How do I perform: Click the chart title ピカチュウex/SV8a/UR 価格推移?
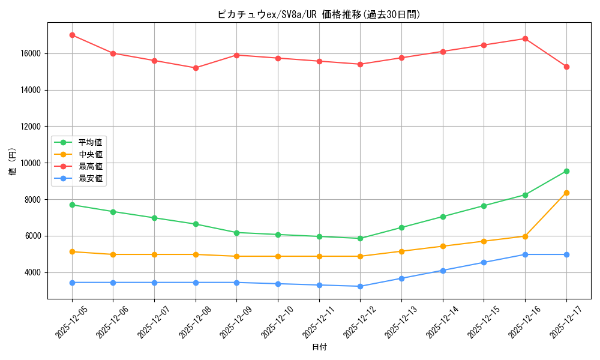point(319,14)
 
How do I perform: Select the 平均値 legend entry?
point(90,142)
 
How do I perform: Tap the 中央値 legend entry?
point(90,154)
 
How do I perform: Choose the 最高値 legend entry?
point(90,166)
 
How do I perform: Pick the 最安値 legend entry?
point(90,178)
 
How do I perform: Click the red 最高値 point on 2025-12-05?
point(72,35)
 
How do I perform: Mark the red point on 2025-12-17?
point(566,67)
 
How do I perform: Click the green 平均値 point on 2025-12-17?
point(566,171)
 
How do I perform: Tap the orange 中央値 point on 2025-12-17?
point(566,193)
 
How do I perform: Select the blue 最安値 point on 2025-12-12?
point(360,286)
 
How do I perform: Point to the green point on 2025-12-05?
point(72,205)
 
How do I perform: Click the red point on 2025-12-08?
point(196,68)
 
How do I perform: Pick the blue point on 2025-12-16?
point(525,254)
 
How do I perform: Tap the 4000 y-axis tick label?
point(33,272)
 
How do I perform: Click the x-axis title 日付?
point(319,347)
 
